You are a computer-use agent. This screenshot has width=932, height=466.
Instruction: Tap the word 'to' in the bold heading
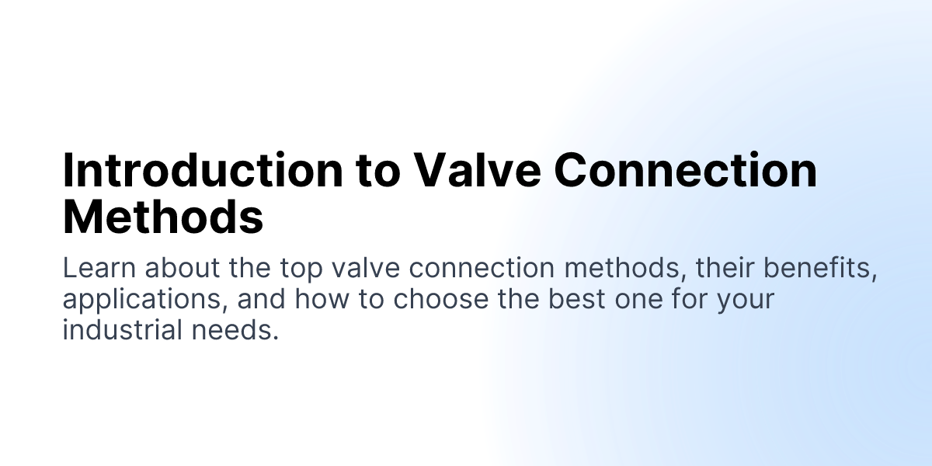click(378, 170)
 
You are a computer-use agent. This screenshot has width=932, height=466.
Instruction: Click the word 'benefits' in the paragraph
click(822, 269)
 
